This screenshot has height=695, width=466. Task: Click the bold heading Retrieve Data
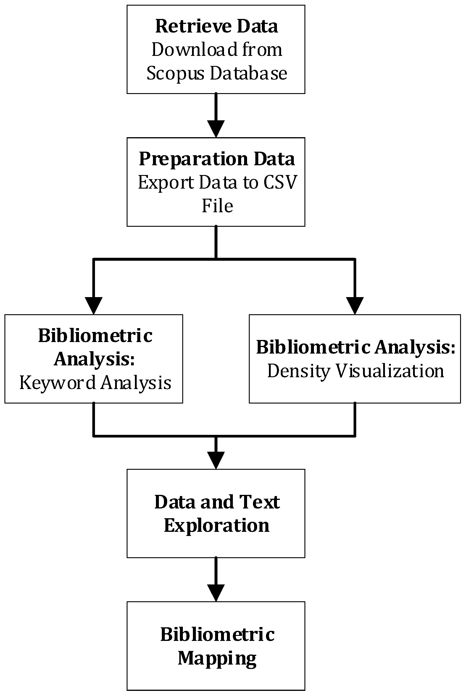pyautogui.click(x=216, y=26)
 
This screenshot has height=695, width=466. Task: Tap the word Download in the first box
pyautogui.click(x=194, y=50)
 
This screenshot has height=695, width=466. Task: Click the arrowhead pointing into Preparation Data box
pyautogui.click(x=216, y=128)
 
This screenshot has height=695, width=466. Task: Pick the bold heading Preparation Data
pyautogui.click(x=217, y=159)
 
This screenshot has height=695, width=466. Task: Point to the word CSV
pyautogui.click(x=280, y=182)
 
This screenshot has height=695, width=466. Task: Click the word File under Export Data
pyautogui.click(x=217, y=206)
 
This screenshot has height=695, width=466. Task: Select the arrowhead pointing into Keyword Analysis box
pyautogui.click(x=93, y=305)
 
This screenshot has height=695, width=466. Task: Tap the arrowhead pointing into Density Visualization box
pyautogui.click(x=355, y=305)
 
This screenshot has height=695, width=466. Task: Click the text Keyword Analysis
pyautogui.click(x=95, y=383)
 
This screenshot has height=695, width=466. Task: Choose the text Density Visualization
pyautogui.click(x=355, y=371)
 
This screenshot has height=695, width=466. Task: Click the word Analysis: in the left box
pyautogui.click(x=94, y=359)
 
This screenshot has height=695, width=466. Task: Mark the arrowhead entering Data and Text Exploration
pyautogui.click(x=216, y=460)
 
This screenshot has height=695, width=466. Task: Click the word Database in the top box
pyautogui.click(x=249, y=73)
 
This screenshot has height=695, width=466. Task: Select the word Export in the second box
pyautogui.click(x=166, y=182)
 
